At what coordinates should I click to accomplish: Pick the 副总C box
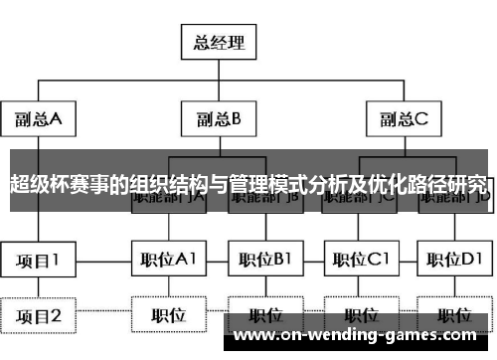(402, 120)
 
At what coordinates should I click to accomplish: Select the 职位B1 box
(264, 261)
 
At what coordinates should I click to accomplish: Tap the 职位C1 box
(361, 261)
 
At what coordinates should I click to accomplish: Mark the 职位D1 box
(455, 261)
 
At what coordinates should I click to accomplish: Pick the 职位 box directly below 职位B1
(264, 316)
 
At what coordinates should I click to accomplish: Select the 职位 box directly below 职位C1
(361, 316)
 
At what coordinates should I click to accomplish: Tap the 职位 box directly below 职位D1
(455, 316)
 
